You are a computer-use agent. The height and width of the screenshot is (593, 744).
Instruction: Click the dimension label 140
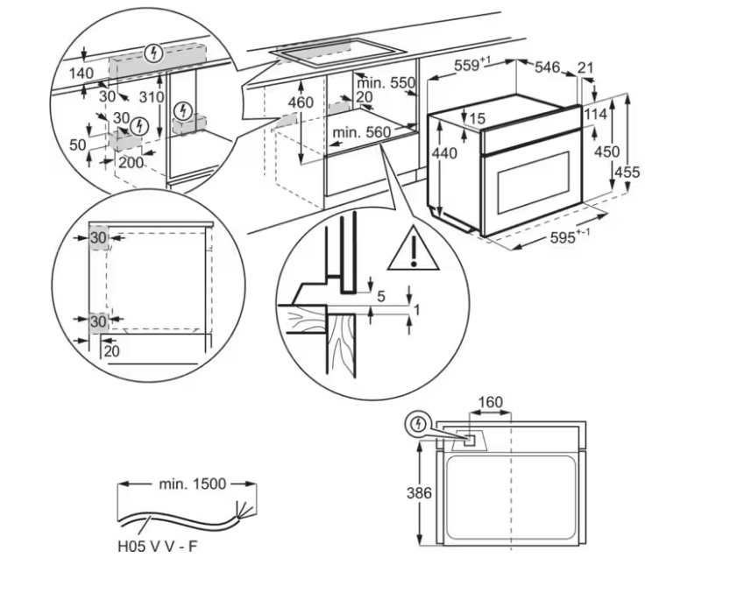81,74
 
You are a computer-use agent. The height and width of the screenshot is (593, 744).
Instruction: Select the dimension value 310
152,97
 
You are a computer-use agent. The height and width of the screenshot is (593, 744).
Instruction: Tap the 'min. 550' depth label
386,83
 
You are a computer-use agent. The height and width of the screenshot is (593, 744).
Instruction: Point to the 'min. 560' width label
362,132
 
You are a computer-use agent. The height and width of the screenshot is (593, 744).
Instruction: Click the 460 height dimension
301,102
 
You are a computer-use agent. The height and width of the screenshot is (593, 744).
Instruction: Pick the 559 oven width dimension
471,65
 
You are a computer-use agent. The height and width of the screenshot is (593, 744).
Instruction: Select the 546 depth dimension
547,67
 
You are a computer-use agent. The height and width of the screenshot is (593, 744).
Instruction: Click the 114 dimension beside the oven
595,115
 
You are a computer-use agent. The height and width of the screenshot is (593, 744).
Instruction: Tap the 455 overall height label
627,172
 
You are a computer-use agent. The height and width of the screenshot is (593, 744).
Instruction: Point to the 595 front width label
570,236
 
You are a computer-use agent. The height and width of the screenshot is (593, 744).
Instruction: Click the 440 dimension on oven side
444,153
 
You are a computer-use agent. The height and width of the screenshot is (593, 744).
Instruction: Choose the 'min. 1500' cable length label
192,484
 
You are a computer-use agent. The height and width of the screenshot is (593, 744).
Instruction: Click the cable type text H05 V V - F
157,547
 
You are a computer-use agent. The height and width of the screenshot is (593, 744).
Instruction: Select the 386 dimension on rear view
419,493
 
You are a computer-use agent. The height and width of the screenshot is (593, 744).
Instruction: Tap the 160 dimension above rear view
490,402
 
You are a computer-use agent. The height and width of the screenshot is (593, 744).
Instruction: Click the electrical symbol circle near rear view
418,424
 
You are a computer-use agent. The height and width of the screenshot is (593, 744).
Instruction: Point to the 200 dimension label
131,163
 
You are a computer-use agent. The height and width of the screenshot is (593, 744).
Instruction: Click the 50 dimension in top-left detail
77,145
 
